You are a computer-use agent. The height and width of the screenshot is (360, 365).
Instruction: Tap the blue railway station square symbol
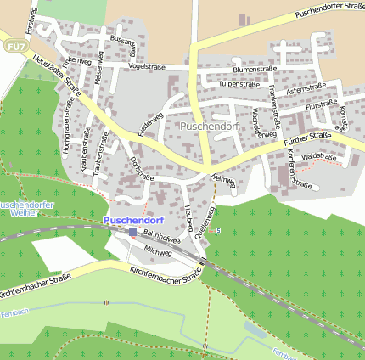(x=132, y=231)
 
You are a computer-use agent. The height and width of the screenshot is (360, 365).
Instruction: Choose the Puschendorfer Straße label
(x=329, y=11)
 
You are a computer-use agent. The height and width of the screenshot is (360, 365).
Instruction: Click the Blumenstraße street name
(x=255, y=70)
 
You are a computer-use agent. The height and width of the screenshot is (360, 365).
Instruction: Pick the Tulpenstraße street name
(x=239, y=84)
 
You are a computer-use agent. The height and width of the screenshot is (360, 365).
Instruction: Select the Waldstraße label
(x=319, y=157)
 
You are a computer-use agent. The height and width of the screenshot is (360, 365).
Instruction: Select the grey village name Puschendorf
(x=211, y=126)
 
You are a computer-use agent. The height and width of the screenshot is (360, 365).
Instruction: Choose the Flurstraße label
(x=321, y=106)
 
